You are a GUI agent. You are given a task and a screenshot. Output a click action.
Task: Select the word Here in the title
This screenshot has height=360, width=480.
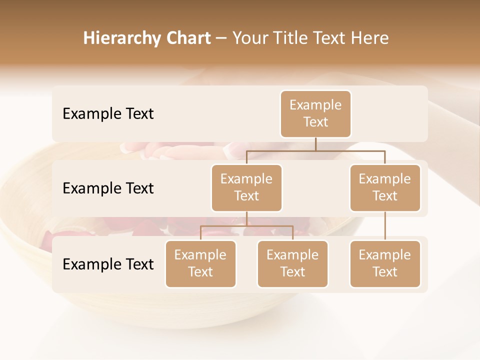click(x=369, y=38)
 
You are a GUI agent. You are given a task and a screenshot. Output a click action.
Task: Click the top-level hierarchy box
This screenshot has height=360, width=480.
click(x=315, y=113)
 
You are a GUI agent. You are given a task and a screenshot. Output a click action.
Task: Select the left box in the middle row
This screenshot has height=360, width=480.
click(x=246, y=187)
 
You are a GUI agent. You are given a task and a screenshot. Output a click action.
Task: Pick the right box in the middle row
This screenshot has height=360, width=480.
click(x=385, y=187)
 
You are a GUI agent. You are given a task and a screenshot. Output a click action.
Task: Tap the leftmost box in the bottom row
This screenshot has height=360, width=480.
click(x=200, y=263)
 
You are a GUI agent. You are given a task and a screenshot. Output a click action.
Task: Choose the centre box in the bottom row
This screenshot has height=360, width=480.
click(x=292, y=263)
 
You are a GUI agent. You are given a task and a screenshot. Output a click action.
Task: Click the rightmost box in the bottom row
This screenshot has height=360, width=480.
click(x=385, y=263)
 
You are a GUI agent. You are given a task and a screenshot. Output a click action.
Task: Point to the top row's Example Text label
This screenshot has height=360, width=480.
click(x=108, y=114)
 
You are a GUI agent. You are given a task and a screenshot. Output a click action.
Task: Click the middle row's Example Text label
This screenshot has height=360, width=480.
click(x=108, y=188)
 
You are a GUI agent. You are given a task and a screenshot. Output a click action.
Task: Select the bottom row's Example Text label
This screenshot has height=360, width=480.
click(x=108, y=264)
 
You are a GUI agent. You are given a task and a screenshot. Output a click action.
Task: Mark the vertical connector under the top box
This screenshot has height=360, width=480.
click(x=315, y=144)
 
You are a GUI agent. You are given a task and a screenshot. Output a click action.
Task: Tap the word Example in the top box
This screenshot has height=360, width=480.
click(x=315, y=105)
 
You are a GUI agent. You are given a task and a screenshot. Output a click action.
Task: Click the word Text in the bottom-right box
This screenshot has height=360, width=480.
click(x=385, y=272)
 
